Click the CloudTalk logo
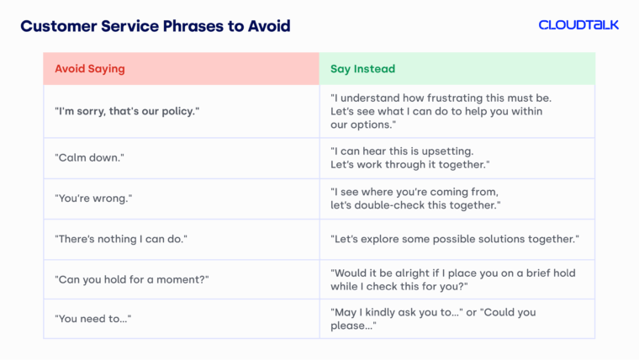(x=578, y=25)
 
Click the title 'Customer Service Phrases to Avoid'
(x=156, y=26)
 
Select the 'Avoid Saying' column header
(x=90, y=69)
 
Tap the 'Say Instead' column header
(x=362, y=69)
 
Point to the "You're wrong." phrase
(x=94, y=199)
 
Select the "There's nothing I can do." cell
(x=121, y=239)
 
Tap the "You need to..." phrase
(x=92, y=319)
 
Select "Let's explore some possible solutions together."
(x=455, y=239)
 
